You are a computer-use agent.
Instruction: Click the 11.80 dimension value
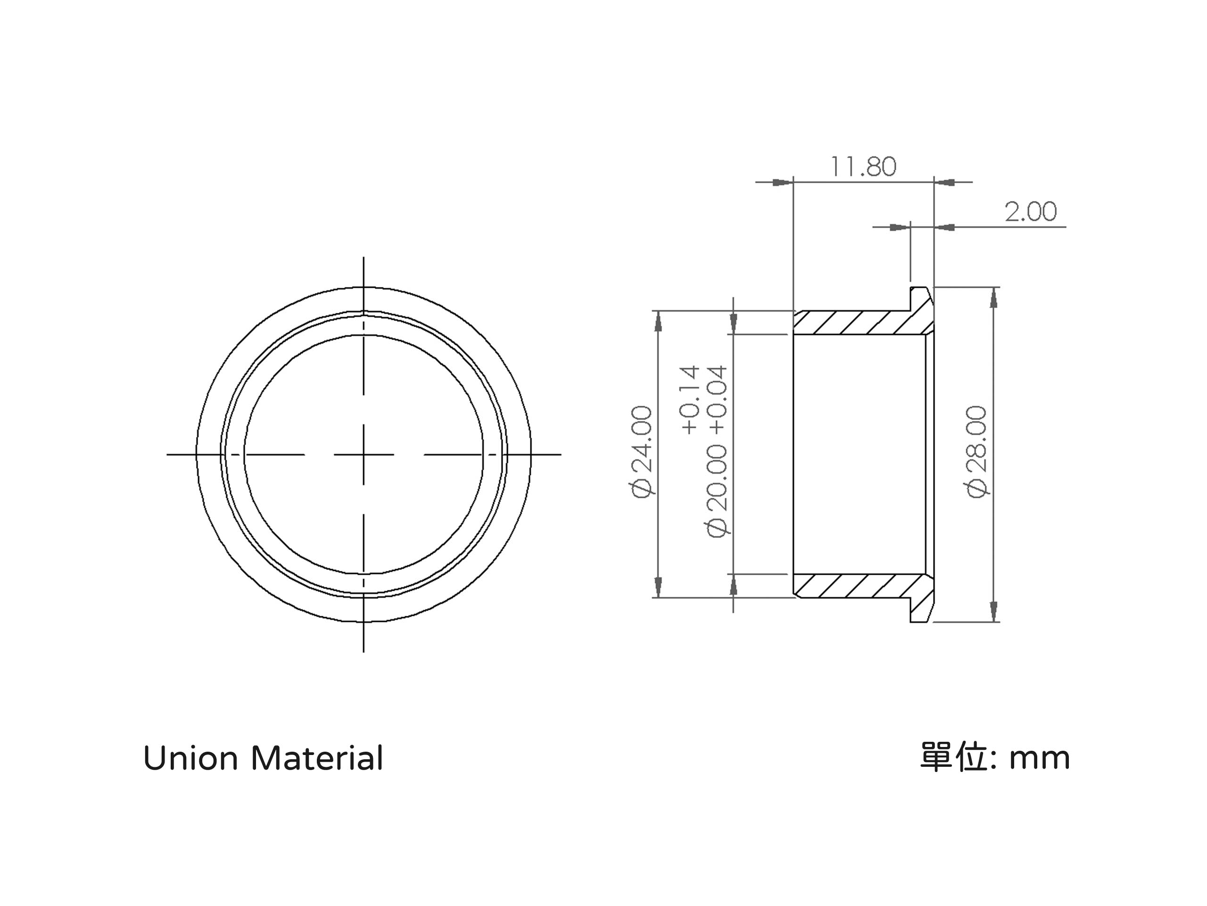(863, 167)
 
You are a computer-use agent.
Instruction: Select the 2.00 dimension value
(1031, 211)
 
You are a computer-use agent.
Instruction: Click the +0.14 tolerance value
(691, 400)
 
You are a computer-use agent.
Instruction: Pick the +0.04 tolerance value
(719, 400)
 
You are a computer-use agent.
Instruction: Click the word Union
(191, 759)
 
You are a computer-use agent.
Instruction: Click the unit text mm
(1040, 760)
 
